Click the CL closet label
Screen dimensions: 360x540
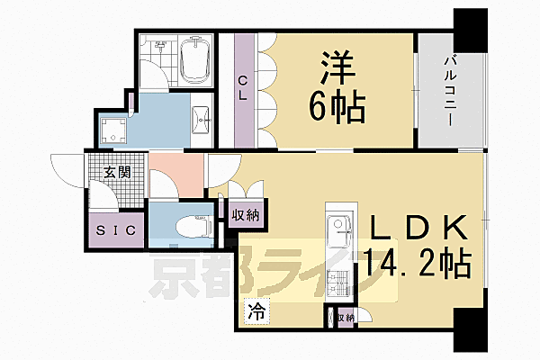click(x=242, y=87)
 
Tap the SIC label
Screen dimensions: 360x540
click(x=117, y=229)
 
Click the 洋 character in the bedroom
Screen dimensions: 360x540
click(x=337, y=67)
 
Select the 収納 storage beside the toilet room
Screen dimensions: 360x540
click(x=247, y=214)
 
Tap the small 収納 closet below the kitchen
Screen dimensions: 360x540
click(x=342, y=317)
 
